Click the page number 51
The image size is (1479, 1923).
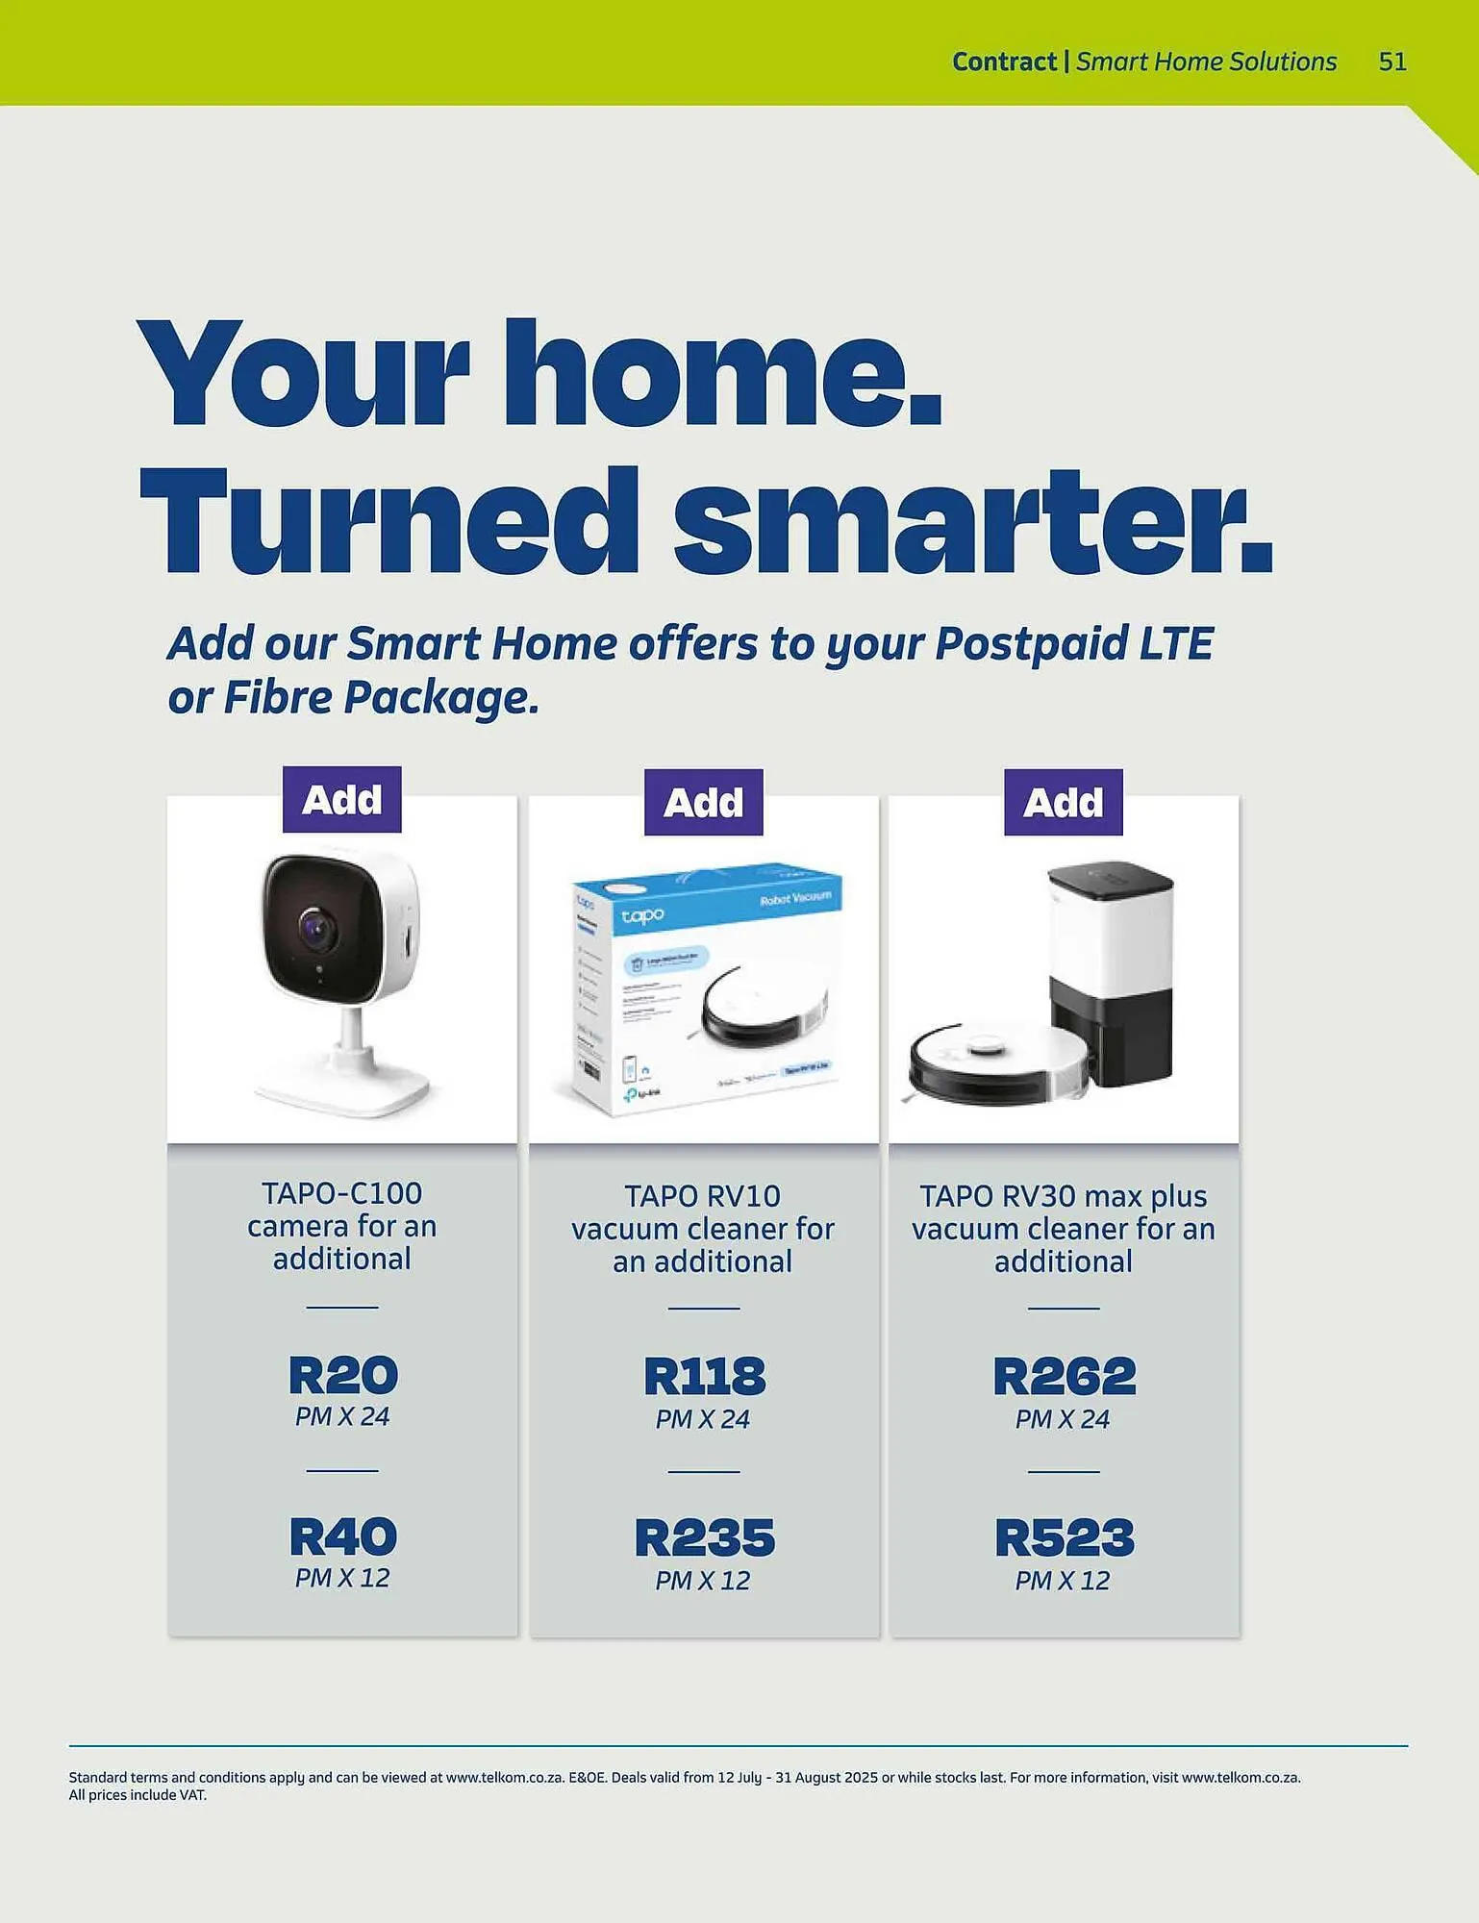point(1392,62)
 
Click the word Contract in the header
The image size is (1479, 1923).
point(1004,62)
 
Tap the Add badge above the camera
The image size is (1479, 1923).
point(341,800)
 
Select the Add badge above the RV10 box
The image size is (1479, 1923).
point(703,803)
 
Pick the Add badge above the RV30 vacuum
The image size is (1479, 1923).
point(1063,803)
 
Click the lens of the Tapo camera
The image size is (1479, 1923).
point(316,930)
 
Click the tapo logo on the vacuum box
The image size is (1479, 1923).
point(641,915)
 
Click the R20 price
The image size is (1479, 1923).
point(342,1375)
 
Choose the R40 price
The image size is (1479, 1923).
point(342,1536)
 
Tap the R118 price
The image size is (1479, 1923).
point(704,1377)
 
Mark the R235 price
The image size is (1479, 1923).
point(704,1537)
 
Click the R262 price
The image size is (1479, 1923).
point(1064,1377)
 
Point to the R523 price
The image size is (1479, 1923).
point(1064,1537)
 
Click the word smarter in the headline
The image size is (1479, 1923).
point(971,524)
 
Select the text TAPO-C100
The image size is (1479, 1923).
point(341,1193)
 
